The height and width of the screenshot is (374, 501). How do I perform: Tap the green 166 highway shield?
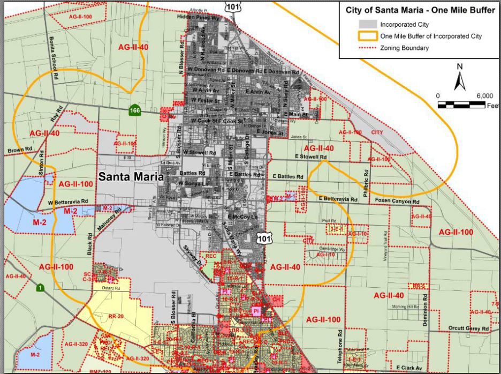[x=135, y=111]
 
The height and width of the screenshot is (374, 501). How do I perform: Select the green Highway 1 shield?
[x=40, y=288]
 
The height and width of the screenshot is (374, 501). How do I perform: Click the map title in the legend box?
[x=420, y=11]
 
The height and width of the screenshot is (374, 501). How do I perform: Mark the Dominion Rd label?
[x=426, y=311]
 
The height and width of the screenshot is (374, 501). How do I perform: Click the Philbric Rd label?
[x=366, y=182]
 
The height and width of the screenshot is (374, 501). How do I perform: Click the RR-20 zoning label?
[x=116, y=317]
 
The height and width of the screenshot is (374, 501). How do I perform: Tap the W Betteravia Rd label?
[x=68, y=202]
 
